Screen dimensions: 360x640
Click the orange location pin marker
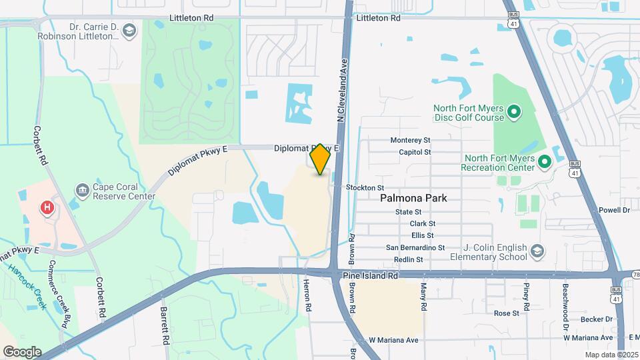(320, 159)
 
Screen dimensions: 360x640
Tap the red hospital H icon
(47, 207)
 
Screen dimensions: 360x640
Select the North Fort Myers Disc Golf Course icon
(513, 113)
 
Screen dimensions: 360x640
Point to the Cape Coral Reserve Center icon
(83, 191)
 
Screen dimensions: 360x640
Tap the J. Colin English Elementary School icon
(537, 251)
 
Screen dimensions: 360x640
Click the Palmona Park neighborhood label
(413, 198)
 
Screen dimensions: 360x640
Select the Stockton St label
(365, 188)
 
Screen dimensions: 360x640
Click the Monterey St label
(411, 140)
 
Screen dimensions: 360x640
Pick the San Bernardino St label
(415, 247)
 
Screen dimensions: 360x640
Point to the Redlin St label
(409, 259)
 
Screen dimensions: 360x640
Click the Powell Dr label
(614, 210)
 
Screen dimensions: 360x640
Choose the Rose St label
(506, 313)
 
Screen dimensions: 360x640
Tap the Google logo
(22, 352)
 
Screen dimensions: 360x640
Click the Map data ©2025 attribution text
(611, 355)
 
